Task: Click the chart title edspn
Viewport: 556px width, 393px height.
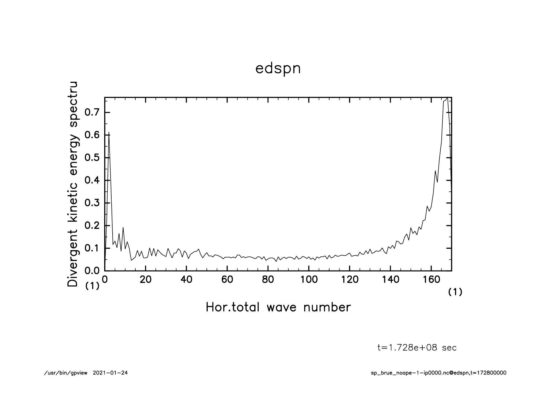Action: coord(278,69)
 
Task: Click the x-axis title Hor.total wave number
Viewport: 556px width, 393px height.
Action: coord(278,307)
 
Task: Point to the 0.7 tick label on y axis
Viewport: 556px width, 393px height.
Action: coord(92,113)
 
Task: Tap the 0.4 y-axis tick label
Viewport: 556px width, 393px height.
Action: coord(92,180)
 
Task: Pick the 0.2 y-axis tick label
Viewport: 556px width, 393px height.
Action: coord(92,226)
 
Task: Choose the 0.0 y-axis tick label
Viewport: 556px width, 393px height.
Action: coord(92,271)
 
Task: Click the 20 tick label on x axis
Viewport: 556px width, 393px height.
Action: coord(145,280)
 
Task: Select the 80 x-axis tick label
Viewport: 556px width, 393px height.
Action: coord(268,280)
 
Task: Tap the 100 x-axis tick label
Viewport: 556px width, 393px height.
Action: coord(308,280)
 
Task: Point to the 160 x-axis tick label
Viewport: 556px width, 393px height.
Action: coord(431,280)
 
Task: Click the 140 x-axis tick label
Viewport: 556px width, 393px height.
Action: coord(390,280)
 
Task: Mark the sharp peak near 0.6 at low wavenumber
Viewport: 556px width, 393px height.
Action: coord(109,133)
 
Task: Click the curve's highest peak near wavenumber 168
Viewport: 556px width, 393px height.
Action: coord(447,98)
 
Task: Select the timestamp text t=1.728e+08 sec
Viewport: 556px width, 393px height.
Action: coord(417,348)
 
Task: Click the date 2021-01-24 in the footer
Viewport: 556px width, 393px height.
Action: coord(110,373)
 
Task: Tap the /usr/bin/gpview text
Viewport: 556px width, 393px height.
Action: coord(66,373)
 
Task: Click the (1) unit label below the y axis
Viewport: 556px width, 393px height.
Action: coord(92,286)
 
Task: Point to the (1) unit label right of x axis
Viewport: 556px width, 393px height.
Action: coord(455,292)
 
